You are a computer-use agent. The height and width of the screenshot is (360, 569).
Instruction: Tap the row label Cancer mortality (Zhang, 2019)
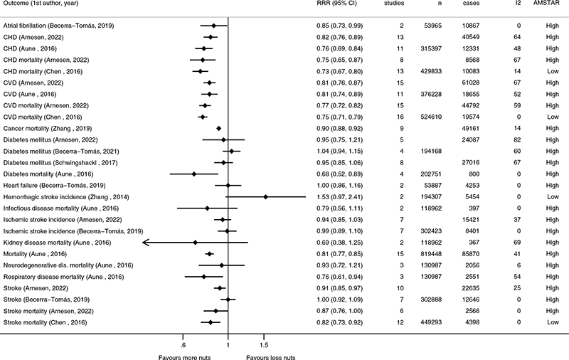pos(54,129)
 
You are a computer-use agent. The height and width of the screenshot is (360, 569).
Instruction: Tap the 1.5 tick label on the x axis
pos(264,345)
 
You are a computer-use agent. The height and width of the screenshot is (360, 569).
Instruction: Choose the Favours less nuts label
pos(271,357)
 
